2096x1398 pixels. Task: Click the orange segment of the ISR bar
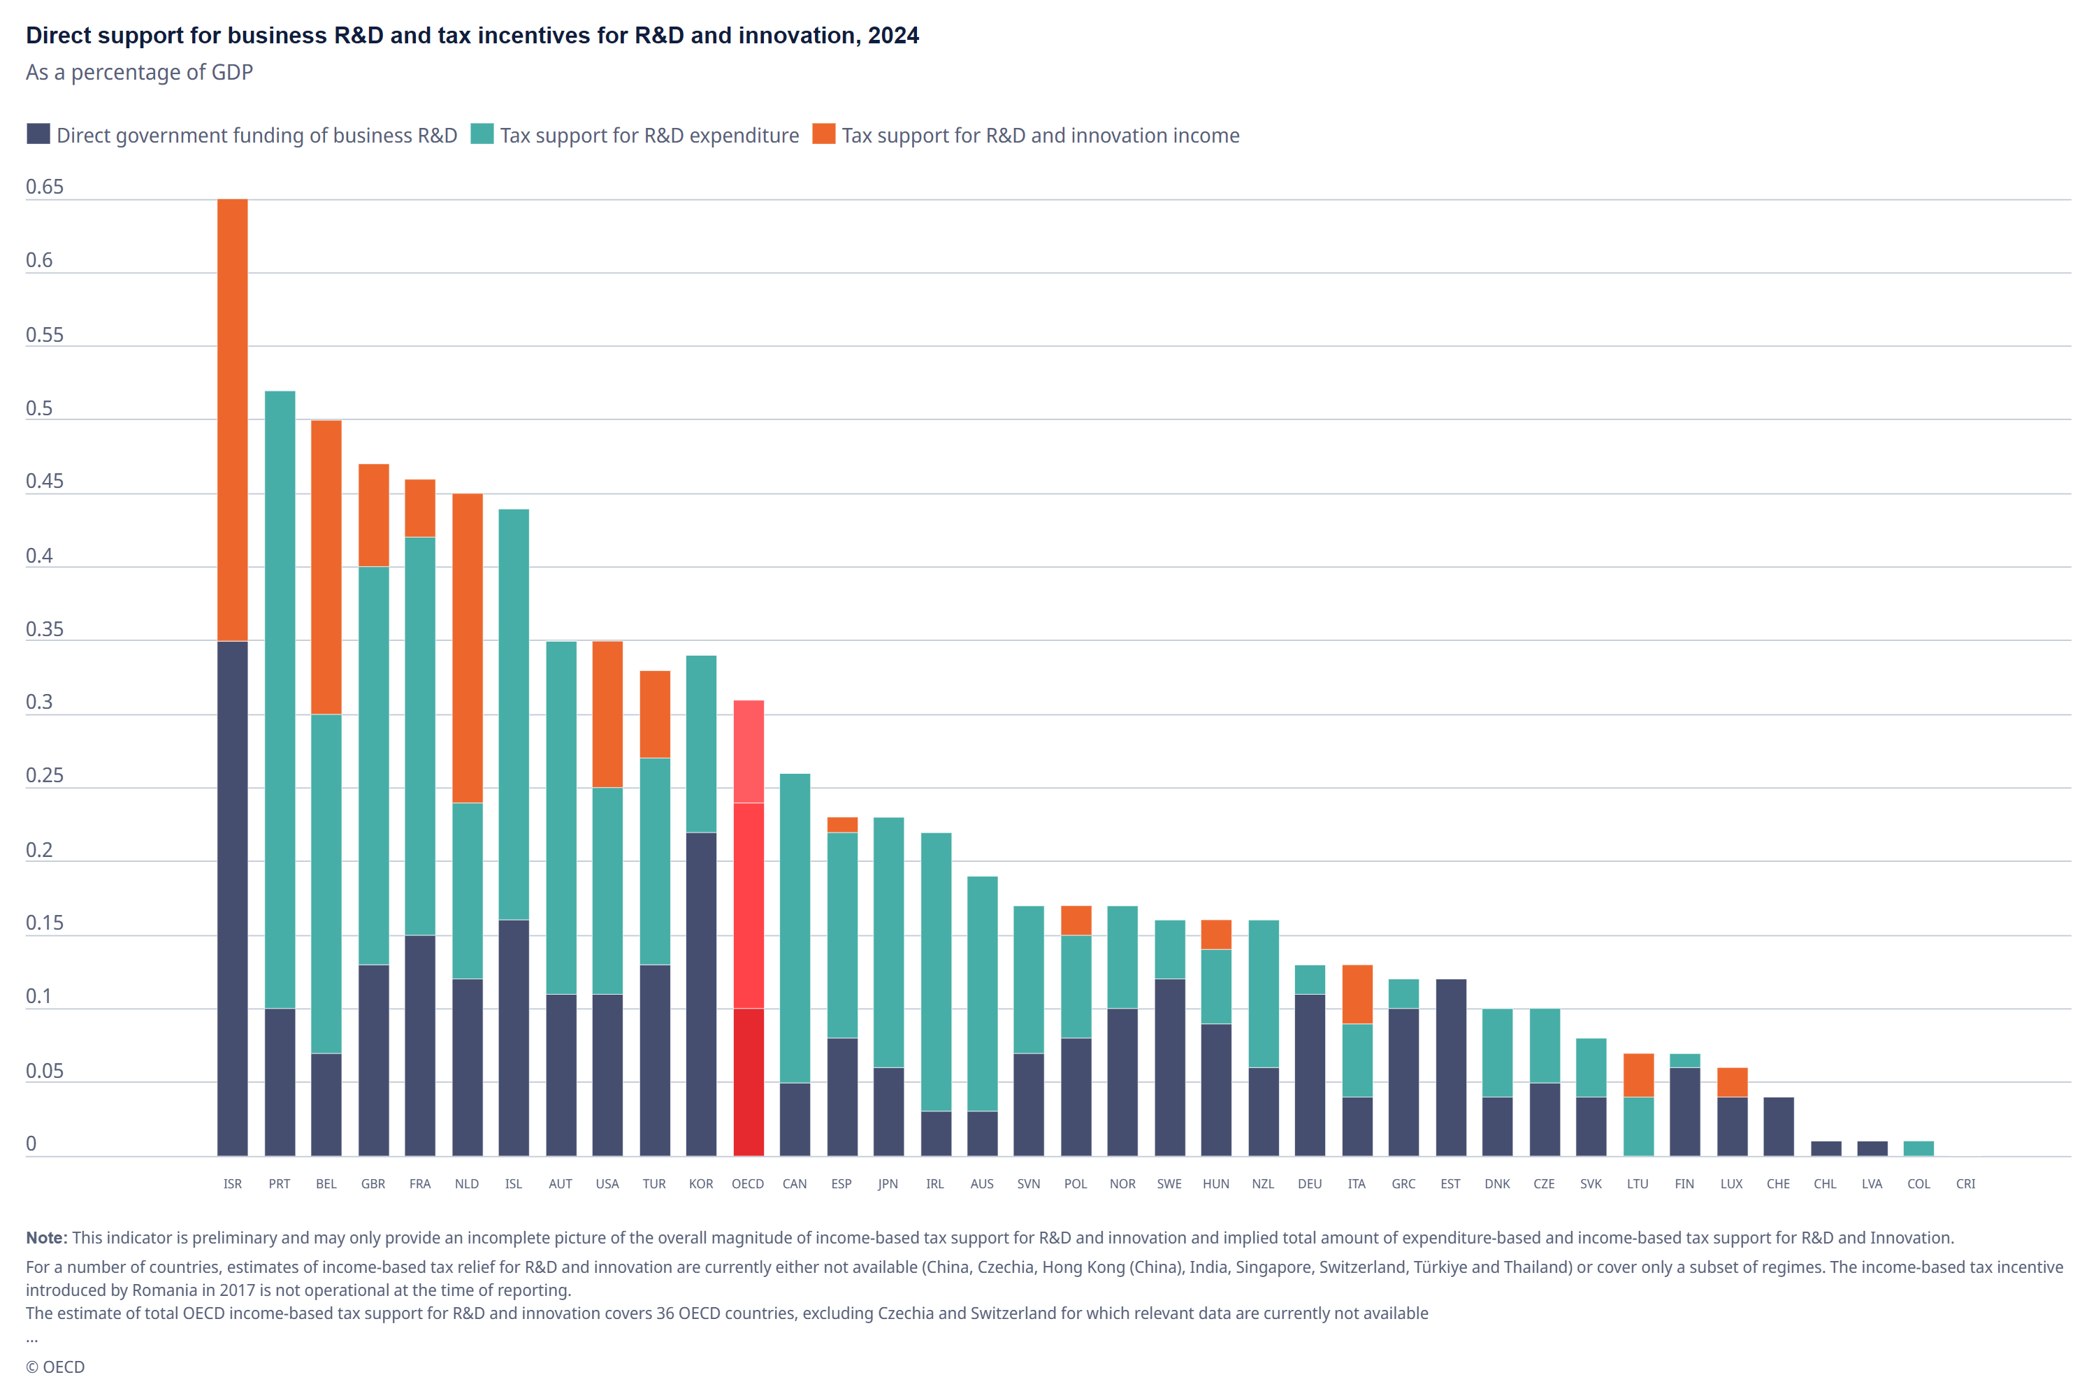click(x=233, y=420)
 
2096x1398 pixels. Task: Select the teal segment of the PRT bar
click(x=280, y=700)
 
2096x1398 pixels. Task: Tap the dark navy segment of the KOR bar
click(x=702, y=994)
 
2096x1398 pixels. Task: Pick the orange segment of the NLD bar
click(x=467, y=648)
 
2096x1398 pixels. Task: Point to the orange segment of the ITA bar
click(x=1358, y=994)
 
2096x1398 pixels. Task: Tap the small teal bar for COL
click(x=1918, y=1149)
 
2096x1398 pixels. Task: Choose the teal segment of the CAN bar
click(x=795, y=928)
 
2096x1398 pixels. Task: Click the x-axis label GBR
click(x=373, y=1184)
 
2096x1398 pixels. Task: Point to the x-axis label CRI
click(x=1966, y=1184)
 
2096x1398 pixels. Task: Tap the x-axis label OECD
click(x=748, y=1184)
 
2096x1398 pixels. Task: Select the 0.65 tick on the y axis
click(x=45, y=187)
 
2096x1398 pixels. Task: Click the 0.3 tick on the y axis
click(x=39, y=702)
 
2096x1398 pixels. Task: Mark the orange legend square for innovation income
click(x=824, y=134)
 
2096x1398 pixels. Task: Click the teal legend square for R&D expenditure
click(x=482, y=134)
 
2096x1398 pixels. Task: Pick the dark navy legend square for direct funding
click(x=38, y=134)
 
